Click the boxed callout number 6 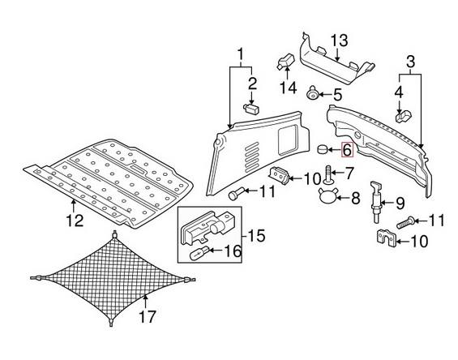[x=347, y=150]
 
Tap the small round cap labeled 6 [x=322, y=150]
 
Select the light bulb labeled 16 [x=199, y=252]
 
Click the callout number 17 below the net [x=148, y=316]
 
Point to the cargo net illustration [x=113, y=278]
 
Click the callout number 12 [x=75, y=221]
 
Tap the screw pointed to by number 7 [x=328, y=175]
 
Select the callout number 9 [x=400, y=203]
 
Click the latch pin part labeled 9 [x=375, y=202]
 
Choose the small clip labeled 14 [x=285, y=62]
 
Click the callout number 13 [x=340, y=41]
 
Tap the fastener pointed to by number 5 [x=313, y=93]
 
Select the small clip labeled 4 [x=404, y=116]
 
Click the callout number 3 [x=410, y=62]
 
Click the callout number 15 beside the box [x=257, y=235]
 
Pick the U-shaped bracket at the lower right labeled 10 [x=385, y=238]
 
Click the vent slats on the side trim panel [x=252, y=156]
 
